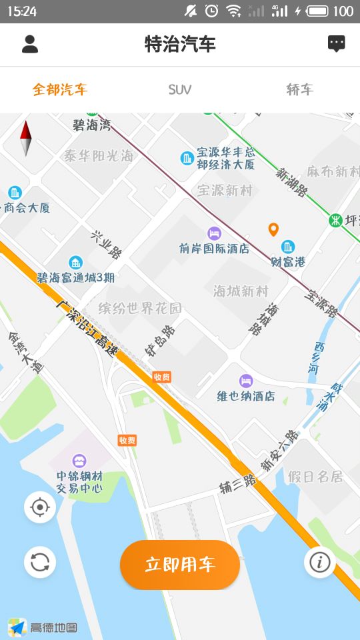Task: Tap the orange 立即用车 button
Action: tap(180, 565)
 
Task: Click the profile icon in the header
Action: tap(30, 44)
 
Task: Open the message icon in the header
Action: tap(337, 44)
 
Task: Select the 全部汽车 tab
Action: tap(60, 89)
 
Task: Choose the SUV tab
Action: tap(180, 89)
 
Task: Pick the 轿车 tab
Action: tap(299, 89)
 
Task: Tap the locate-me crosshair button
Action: tap(40, 507)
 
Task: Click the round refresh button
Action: tap(40, 562)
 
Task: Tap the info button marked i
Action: tap(319, 562)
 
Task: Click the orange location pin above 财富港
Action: tap(273, 230)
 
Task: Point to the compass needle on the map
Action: tap(26, 138)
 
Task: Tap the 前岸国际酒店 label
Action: tap(214, 248)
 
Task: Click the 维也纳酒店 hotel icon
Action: tap(246, 381)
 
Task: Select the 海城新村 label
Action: tap(241, 291)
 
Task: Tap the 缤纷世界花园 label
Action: tap(140, 308)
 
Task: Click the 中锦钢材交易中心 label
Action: tap(79, 482)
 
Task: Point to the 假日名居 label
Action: tap(315, 477)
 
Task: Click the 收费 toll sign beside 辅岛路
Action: tap(162, 377)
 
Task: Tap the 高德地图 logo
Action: tap(43, 627)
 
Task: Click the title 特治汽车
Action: tap(180, 44)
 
